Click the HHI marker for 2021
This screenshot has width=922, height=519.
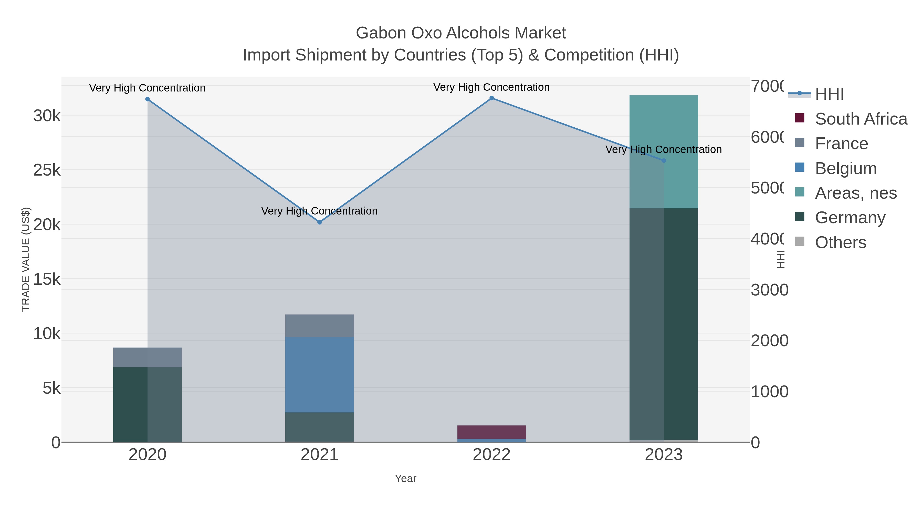point(320,222)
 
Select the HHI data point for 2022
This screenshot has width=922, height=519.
point(491,98)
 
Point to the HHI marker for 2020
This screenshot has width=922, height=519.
point(148,99)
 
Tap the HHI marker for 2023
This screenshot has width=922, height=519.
point(664,160)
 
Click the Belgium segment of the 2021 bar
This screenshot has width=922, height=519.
point(320,374)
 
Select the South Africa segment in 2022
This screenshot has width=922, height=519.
point(491,432)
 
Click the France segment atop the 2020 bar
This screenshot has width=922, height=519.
point(148,357)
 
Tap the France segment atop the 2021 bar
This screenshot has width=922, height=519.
point(320,325)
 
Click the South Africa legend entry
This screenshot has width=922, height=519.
point(861,119)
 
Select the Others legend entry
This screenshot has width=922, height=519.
point(840,242)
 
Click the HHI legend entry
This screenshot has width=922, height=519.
point(829,94)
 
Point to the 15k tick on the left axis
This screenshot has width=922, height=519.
point(47,279)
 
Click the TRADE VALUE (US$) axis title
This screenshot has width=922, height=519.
point(26,259)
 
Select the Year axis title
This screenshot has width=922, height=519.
point(405,479)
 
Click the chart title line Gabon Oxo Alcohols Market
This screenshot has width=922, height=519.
point(461,33)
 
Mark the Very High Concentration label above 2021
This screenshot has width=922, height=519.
point(319,211)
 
